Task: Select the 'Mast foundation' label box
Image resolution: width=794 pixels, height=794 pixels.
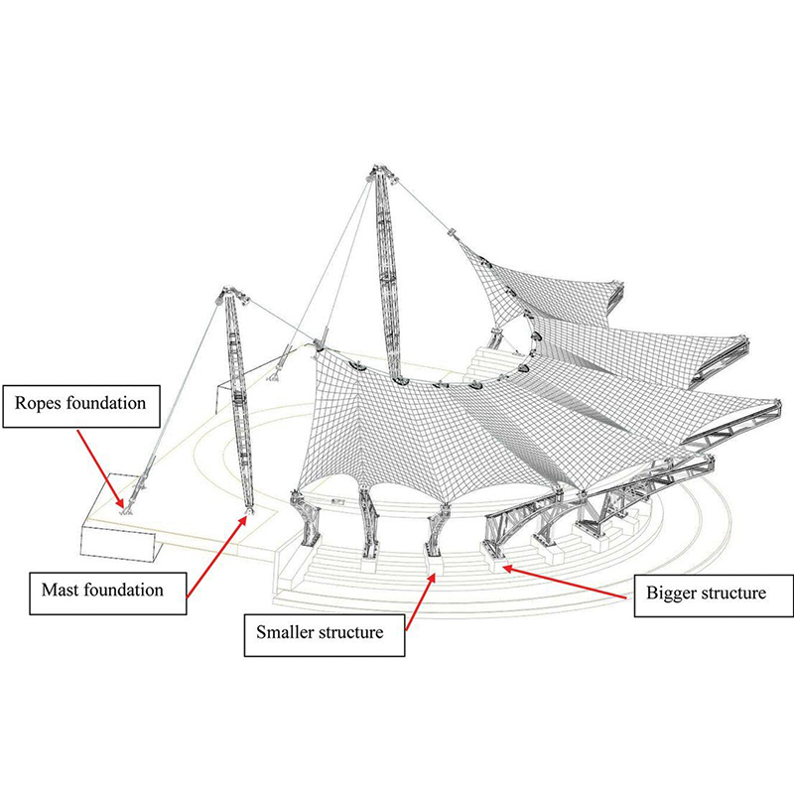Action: [x=103, y=589]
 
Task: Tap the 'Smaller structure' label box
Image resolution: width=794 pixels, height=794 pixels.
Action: [x=324, y=631]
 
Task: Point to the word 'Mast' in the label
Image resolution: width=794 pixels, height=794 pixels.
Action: [x=60, y=589]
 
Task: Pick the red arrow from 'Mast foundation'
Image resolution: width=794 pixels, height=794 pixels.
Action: [x=216, y=557]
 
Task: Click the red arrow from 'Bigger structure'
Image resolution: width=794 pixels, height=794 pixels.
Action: [x=566, y=581]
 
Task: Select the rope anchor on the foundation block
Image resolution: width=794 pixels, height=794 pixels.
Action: [x=125, y=509]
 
